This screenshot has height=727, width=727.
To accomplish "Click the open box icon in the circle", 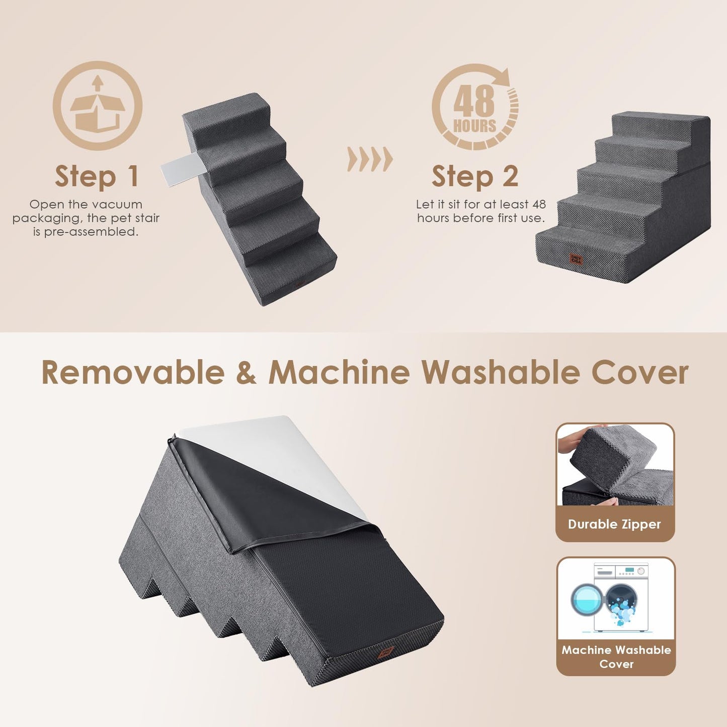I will point(98,106).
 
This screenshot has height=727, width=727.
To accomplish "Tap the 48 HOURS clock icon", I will point(475,107).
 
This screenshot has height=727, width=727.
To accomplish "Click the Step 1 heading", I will point(97,177).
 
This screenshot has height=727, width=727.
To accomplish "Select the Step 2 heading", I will point(474,177).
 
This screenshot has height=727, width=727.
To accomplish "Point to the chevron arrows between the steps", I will point(370,160).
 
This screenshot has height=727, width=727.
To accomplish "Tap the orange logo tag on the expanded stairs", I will point(576,259).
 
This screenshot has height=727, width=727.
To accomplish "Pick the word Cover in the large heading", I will point(639,373).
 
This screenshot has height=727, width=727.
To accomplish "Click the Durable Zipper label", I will point(614,524).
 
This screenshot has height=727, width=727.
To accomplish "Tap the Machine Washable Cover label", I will point(616,657).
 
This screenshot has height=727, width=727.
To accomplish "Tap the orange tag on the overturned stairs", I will point(386,653).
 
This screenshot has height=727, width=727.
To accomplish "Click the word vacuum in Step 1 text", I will point(118,205).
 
